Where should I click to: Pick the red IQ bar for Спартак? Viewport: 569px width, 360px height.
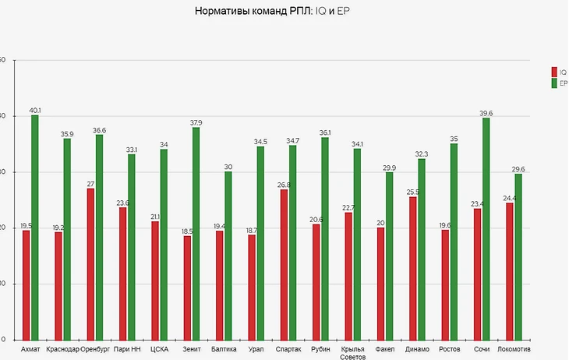point(284,264)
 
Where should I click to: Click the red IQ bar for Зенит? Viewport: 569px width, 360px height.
point(187,288)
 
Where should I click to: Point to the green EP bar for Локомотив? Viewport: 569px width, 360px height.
point(518,256)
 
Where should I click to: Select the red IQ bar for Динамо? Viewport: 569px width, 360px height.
point(413,268)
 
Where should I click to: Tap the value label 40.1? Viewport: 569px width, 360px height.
point(34,110)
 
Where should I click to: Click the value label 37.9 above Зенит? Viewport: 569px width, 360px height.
point(196,122)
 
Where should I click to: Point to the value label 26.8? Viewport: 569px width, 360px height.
point(284,185)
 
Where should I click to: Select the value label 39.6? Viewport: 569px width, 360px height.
point(486,113)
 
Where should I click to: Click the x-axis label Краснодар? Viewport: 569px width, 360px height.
point(62,349)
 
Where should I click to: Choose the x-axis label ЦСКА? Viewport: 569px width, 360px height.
point(159,349)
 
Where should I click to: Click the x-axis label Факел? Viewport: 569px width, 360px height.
point(385,349)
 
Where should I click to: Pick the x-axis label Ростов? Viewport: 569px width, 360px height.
point(450,349)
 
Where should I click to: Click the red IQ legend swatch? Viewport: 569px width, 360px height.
point(554,71)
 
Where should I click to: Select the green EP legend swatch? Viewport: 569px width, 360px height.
point(554,82)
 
